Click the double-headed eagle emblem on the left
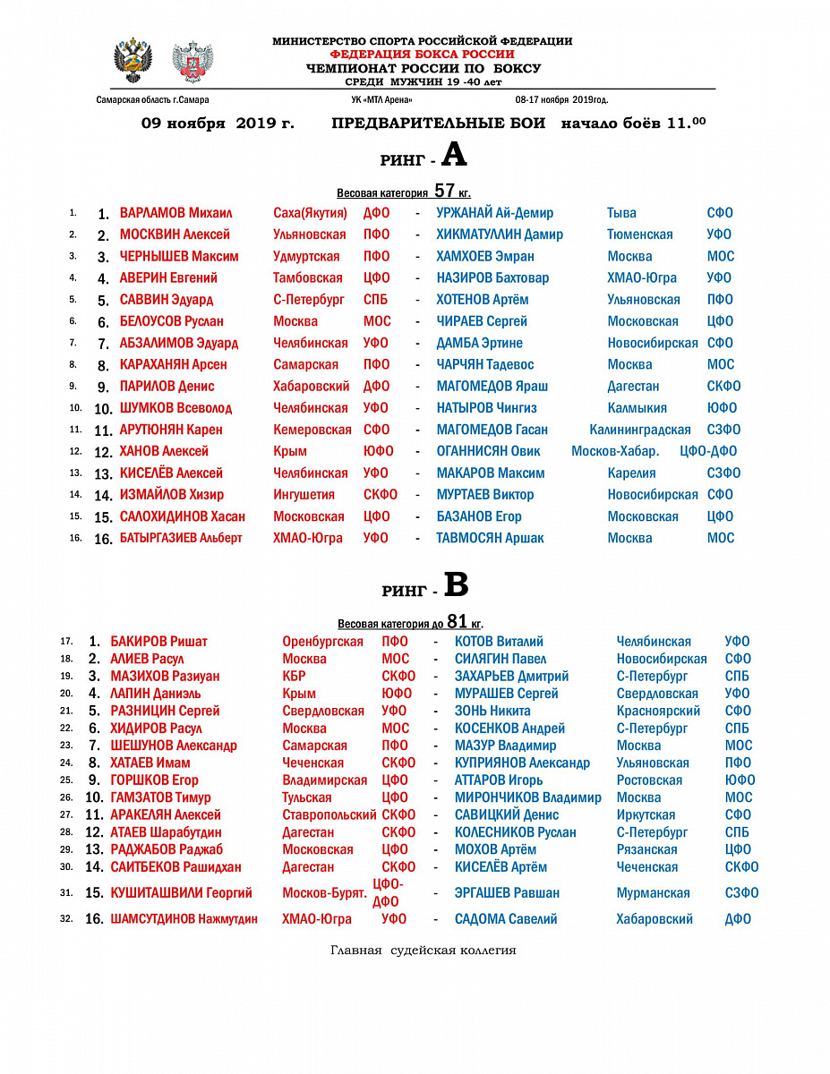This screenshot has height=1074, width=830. click(x=133, y=61)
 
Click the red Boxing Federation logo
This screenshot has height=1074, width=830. click(x=192, y=62)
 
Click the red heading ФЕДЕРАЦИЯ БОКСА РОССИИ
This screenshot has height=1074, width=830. click(x=423, y=55)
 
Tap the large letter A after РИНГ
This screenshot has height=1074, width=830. click(x=454, y=156)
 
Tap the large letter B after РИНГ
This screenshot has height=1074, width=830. click(x=457, y=585)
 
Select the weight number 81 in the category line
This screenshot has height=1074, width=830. click(x=458, y=621)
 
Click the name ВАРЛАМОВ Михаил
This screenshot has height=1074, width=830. click(x=175, y=213)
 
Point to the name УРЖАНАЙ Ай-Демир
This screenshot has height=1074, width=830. click(x=494, y=213)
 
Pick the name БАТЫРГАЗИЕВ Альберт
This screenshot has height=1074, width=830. click(x=181, y=538)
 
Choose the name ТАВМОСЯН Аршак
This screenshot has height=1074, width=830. click(x=490, y=538)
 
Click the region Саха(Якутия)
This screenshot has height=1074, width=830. click(x=310, y=213)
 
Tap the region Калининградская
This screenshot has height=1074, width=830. click(x=639, y=430)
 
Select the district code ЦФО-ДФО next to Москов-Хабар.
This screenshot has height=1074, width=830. click(x=708, y=451)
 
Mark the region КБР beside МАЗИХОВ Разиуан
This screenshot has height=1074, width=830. click(x=294, y=676)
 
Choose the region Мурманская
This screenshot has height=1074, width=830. click(x=653, y=892)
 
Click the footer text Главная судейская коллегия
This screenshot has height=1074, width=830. click(x=423, y=950)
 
